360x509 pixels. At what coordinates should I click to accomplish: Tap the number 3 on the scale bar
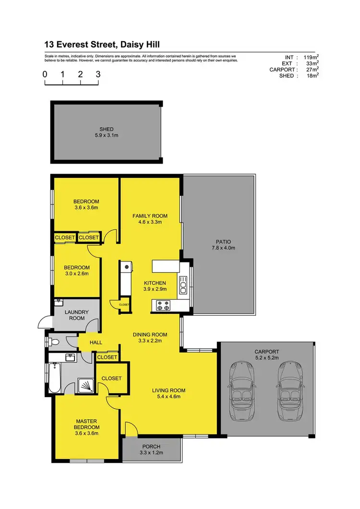[x=98, y=74]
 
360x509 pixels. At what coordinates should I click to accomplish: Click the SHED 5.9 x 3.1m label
[x=106, y=132]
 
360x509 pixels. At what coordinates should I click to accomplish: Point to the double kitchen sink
[x=183, y=285]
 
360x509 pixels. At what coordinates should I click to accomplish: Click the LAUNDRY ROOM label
[x=76, y=315]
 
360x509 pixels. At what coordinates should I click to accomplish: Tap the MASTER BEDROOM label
[x=87, y=427]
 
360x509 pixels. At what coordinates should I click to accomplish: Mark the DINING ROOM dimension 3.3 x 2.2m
[x=150, y=341]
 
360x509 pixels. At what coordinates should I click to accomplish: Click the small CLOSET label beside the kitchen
[x=124, y=305]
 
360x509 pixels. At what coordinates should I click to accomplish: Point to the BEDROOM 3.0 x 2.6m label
[x=76, y=271]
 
